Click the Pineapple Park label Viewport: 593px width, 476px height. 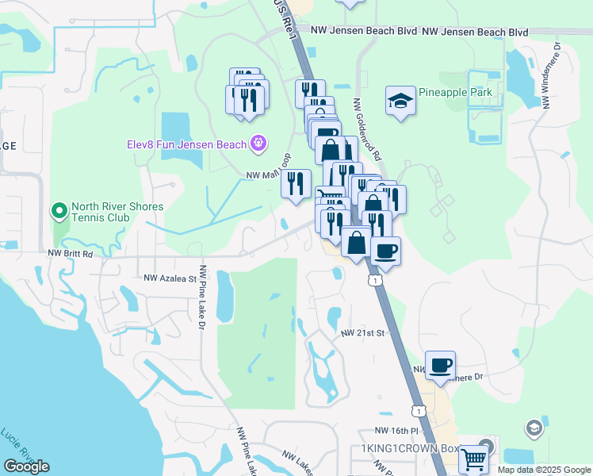(x=455, y=93)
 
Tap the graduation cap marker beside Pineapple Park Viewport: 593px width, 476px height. (x=400, y=101)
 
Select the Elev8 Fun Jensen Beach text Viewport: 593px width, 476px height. (x=186, y=144)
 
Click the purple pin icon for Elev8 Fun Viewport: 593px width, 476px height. (x=257, y=144)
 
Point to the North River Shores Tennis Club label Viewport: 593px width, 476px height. (x=117, y=213)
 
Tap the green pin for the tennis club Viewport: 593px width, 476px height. (x=58, y=211)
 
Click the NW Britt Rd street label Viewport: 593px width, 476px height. (x=71, y=254)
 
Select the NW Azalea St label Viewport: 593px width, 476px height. (x=170, y=278)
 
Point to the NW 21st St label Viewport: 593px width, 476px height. (x=362, y=333)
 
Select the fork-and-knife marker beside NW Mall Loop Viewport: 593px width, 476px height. (x=296, y=184)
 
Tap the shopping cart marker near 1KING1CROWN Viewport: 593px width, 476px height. (x=473, y=458)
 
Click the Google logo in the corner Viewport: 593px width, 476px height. (x=26, y=466)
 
